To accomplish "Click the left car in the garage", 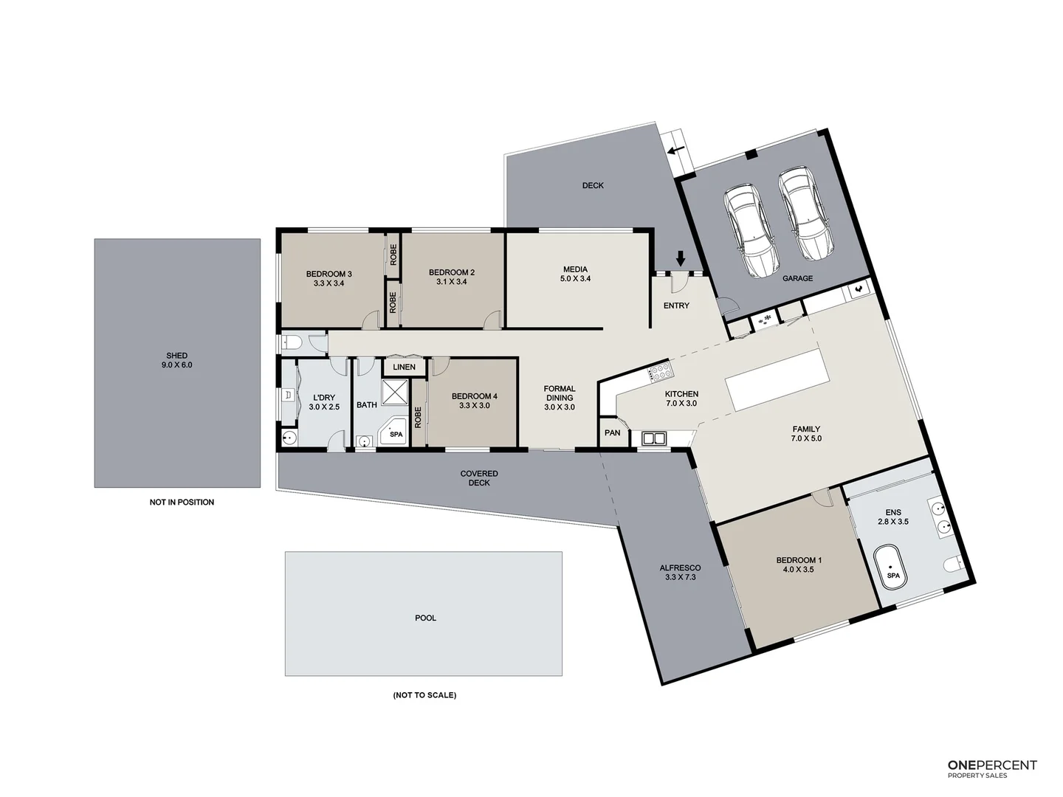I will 751,230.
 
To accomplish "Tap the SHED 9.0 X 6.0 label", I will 176,360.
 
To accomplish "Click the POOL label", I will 425,618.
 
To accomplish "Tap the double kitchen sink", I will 654,438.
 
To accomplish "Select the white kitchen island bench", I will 774,380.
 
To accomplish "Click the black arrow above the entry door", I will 681,258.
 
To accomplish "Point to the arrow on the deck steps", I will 675,151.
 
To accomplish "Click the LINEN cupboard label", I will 404,367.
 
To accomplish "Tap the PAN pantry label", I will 613,432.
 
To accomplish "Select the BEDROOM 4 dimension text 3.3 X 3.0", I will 474,405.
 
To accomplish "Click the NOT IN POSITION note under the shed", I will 182,502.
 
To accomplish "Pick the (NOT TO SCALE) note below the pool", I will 424,695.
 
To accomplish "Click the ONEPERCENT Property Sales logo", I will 991,769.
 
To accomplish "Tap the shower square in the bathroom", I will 395,392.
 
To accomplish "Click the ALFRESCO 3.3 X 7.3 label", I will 680,573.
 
